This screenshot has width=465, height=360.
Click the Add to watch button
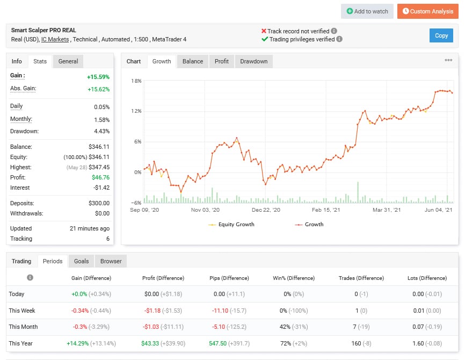pos(367,11)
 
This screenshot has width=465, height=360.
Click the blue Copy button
pos(441,35)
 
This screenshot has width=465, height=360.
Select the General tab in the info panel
pos(68,61)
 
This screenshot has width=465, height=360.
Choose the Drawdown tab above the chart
pos(253,61)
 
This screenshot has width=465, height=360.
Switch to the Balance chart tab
pos(193,61)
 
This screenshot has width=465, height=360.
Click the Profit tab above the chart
pos(222,61)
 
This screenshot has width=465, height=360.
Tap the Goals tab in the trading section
pos(81,261)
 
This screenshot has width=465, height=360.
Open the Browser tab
pos(111,261)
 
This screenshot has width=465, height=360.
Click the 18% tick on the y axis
pos(136,81)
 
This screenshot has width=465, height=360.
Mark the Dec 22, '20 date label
pos(266,210)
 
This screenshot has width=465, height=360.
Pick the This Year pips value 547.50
pos(220,343)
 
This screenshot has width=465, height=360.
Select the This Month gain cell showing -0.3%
pos(79,327)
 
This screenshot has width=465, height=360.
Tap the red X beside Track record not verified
pos(264,31)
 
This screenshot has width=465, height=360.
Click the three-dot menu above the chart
pos(448,60)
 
